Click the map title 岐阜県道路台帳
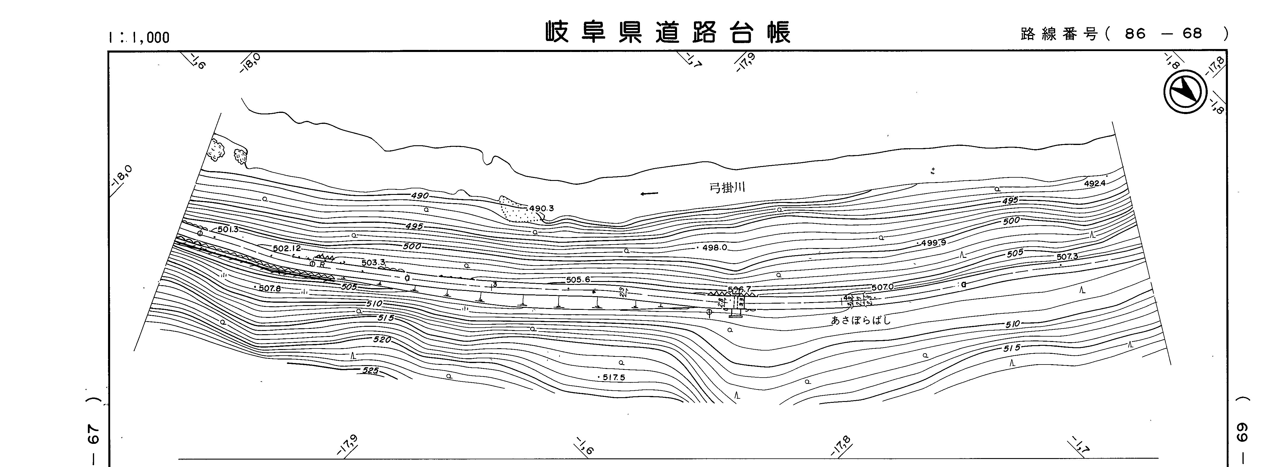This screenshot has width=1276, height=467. pyautogui.click(x=668, y=33)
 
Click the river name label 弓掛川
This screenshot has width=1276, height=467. pyautogui.click(x=727, y=188)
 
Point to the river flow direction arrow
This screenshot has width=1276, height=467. pyautogui.click(x=649, y=194)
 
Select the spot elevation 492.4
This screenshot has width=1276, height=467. pyautogui.click(x=1095, y=183)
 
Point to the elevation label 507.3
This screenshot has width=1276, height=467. pyautogui.click(x=1067, y=257)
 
